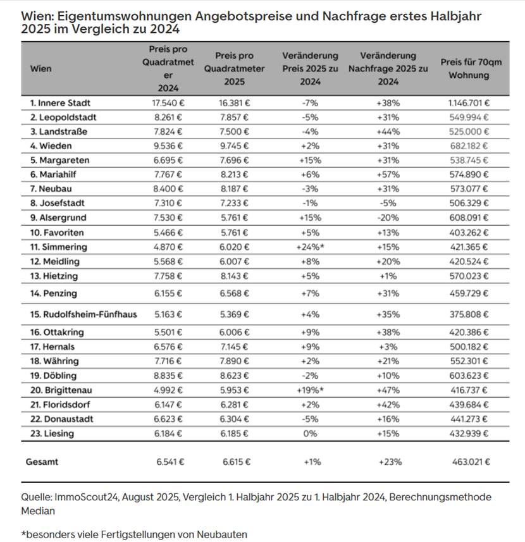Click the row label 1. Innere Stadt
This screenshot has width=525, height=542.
[x=60, y=102]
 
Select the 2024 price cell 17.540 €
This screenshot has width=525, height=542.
[x=167, y=102]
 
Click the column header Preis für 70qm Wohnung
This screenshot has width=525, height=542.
[x=468, y=68]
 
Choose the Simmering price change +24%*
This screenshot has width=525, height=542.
[x=310, y=247]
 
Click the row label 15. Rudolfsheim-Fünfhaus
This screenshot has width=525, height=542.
[x=83, y=314]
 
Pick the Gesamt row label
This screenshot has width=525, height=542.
[x=42, y=462]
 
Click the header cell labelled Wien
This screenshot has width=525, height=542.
[x=41, y=68]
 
